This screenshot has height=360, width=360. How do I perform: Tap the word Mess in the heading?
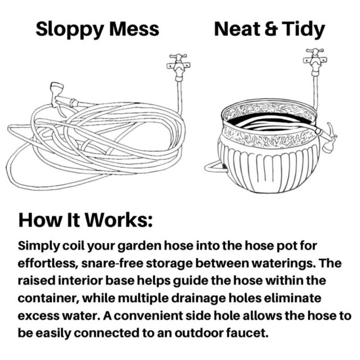(x=134, y=29)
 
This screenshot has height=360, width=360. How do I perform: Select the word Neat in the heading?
(x=237, y=29)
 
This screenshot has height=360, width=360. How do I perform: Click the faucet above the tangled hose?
(x=178, y=67)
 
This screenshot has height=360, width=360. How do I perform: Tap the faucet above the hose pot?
(x=315, y=62)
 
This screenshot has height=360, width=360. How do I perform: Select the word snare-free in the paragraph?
(x=112, y=263)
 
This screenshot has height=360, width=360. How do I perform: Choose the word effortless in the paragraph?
(x=47, y=263)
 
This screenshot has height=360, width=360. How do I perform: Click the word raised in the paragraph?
(x=36, y=281)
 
